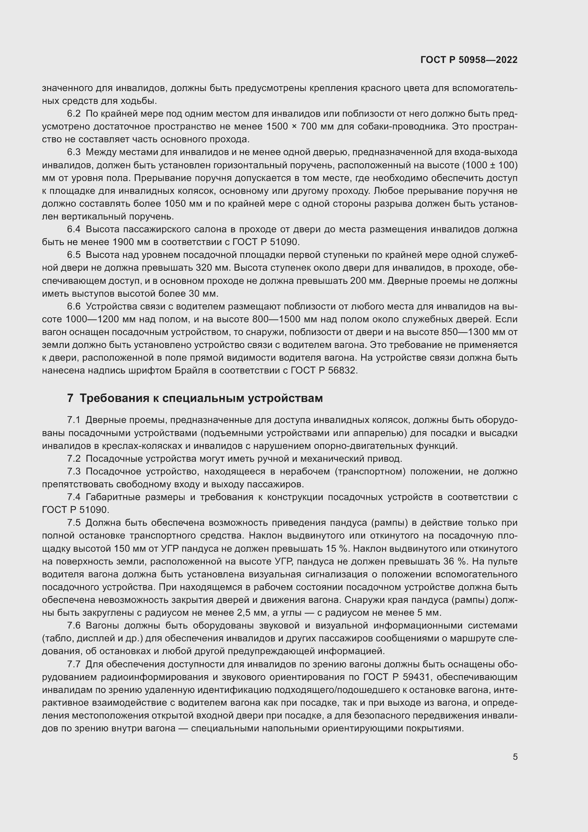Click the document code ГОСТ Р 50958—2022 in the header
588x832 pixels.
(469, 60)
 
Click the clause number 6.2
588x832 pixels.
(74, 114)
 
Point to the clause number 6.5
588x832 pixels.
(74, 255)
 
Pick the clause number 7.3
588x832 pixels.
(74, 471)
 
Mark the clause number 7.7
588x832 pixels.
(74, 664)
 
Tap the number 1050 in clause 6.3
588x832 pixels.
(176, 204)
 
